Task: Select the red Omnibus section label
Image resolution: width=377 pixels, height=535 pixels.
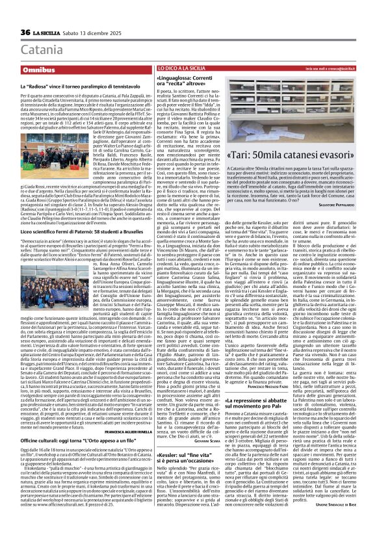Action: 38,68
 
